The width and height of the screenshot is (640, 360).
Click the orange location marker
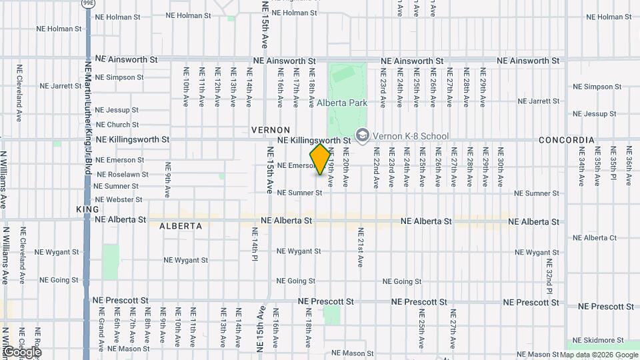[321, 159]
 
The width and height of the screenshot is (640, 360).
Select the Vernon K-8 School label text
[411, 136]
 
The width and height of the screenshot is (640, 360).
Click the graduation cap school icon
[362, 135]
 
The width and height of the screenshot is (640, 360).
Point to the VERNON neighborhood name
[271, 129]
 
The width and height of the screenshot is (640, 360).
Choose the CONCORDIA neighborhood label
[566, 140]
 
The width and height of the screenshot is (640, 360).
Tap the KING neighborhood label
[87, 209]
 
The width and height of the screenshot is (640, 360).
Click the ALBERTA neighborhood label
[181, 226]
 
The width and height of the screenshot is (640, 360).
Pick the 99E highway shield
[88, 3]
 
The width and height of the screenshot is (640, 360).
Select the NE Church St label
[117, 125]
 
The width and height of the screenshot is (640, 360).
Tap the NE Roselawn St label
[121, 175]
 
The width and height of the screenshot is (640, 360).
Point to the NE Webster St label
[119, 199]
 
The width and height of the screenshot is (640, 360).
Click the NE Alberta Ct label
[595, 238]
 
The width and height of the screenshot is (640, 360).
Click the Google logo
[21, 352]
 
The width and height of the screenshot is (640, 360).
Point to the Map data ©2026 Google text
[597, 355]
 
